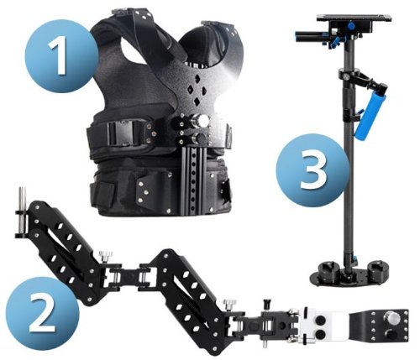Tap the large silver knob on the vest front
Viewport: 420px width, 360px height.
click(202, 123)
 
